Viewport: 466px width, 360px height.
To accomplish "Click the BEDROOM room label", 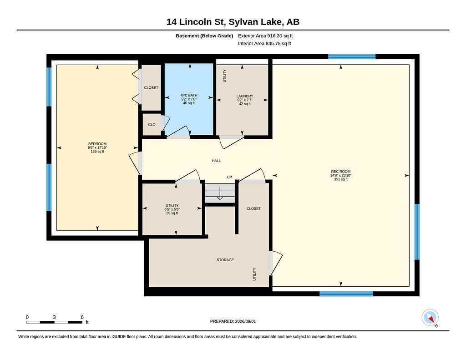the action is [97, 144].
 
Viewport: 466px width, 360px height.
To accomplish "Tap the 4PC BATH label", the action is [189, 95].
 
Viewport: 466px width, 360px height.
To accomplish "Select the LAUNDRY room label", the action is [244, 96].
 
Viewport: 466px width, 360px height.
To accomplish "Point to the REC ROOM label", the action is [340, 172].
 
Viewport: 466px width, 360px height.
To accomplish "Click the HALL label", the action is [216, 161].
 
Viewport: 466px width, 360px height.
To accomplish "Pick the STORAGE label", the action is [225, 260].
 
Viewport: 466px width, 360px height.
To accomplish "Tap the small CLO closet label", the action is [152, 125].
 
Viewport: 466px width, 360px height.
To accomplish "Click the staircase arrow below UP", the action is [220, 193].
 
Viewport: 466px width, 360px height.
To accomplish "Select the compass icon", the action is [430, 318].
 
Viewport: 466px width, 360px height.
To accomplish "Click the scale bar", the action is [54, 322].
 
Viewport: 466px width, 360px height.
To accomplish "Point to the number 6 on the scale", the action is [82, 317].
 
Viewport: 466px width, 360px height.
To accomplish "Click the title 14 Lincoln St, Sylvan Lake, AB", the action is [233, 22].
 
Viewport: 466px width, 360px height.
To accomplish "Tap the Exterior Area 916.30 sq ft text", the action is [265, 36].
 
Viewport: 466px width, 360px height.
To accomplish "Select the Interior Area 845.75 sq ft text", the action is [264, 44].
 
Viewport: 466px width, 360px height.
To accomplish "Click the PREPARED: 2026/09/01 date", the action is [233, 321].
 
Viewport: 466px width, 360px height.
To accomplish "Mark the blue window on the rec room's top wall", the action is [352, 57].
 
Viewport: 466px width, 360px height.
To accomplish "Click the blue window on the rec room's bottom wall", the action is [346, 294].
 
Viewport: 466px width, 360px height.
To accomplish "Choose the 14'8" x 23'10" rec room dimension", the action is [340, 175].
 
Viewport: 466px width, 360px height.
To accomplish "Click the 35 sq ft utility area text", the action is [172, 213].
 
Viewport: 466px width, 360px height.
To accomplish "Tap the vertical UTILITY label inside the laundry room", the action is [224, 76].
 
